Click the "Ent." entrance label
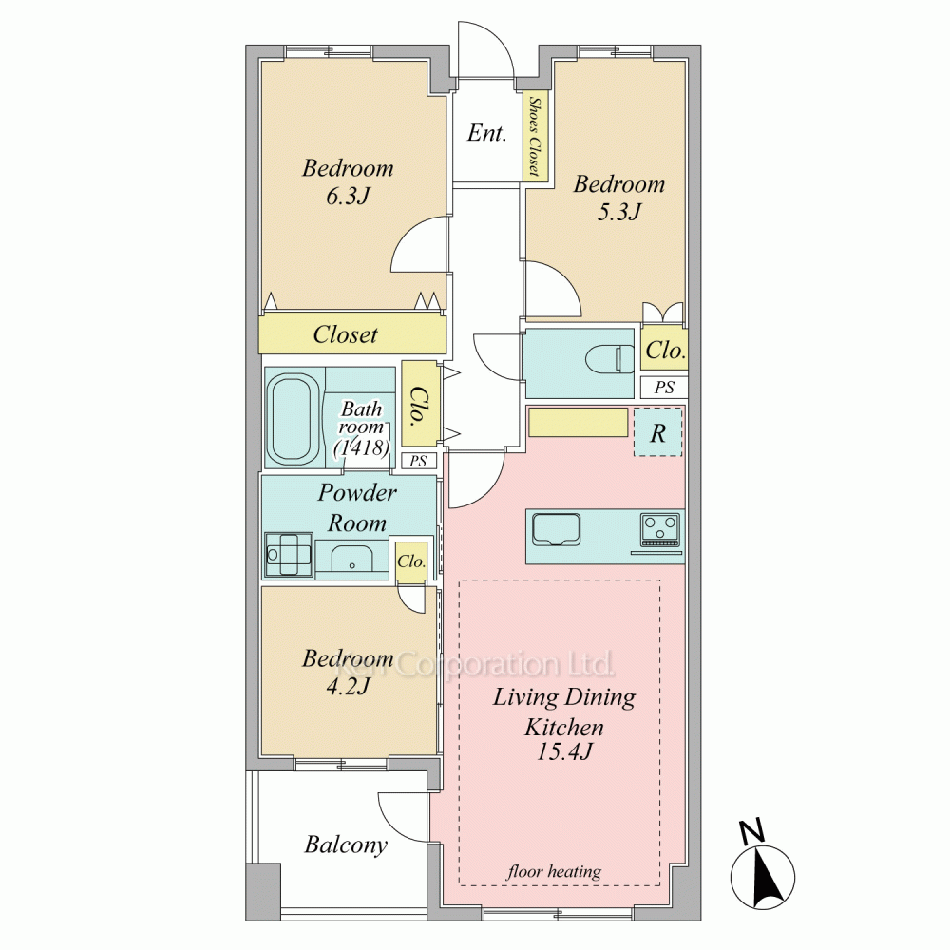tap(486, 133)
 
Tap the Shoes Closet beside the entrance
tap(536, 136)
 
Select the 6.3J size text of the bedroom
tap(347, 197)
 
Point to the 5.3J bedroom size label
tap(618, 212)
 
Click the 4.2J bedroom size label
tap(347, 687)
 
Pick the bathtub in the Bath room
tap(291, 417)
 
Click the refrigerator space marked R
tap(658, 432)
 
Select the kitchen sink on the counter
tap(556, 529)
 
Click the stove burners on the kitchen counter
tap(660, 529)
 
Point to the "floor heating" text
tap(554, 871)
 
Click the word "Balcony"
tap(346, 845)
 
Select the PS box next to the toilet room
tap(664, 388)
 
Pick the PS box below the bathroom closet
tap(418, 461)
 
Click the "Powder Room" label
tap(357, 507)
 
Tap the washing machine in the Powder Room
tap(289, 554)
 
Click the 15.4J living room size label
tap(564, 751)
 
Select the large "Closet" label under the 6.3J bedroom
tap(346, 334)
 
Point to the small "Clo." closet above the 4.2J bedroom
tap(411, 561)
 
